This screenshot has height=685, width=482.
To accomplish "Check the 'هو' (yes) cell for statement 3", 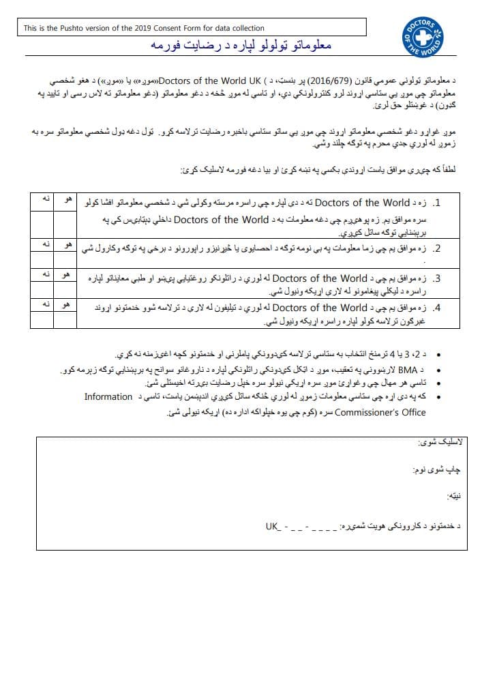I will point(67,274).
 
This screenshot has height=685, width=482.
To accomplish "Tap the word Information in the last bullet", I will point(108,396).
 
